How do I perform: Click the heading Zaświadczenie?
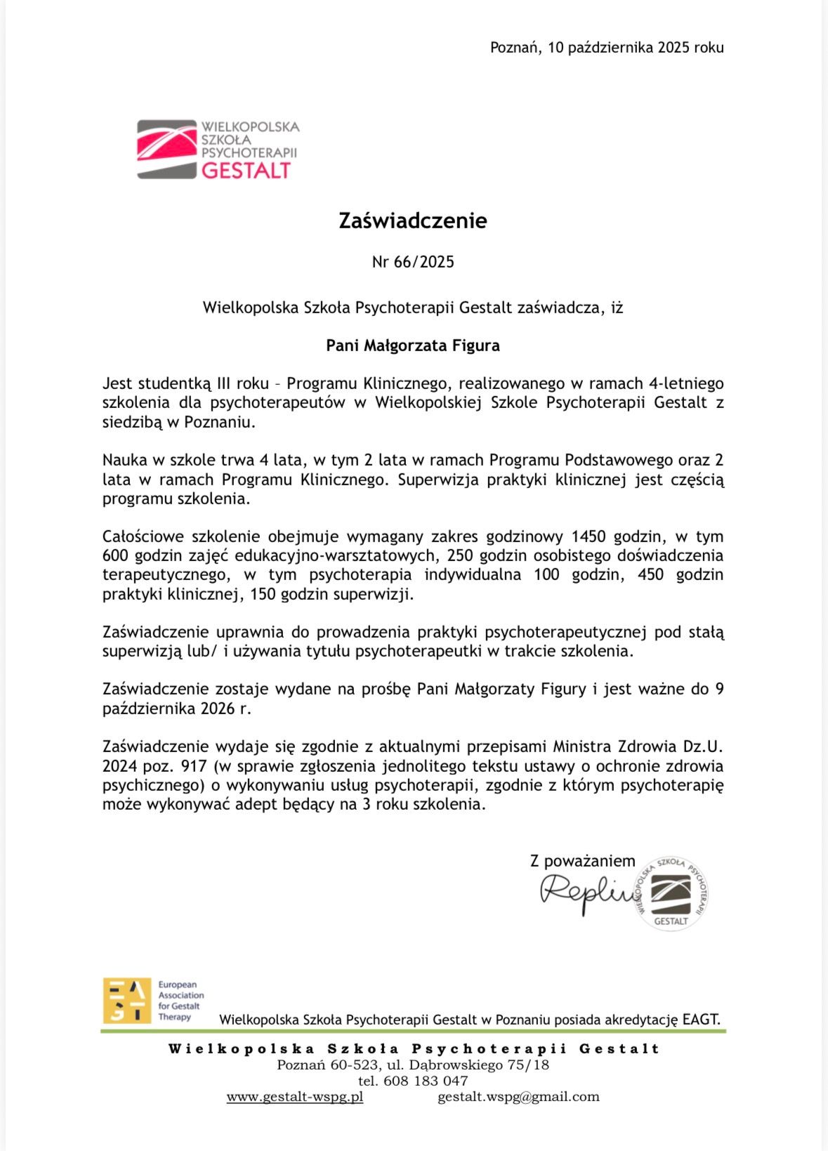413,221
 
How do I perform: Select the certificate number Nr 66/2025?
413,262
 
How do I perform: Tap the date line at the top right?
606,48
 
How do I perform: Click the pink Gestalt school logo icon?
166,149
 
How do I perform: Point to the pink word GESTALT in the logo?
246,171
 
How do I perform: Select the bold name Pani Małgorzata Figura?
413,346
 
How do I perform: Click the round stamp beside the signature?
671,894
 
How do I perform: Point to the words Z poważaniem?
582,861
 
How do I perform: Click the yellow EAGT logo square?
126,1000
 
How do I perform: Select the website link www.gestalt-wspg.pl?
295,1097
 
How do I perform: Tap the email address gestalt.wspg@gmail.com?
518,1097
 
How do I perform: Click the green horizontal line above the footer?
413,1032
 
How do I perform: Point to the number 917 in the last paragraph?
194,766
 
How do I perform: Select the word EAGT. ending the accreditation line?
701,1020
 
